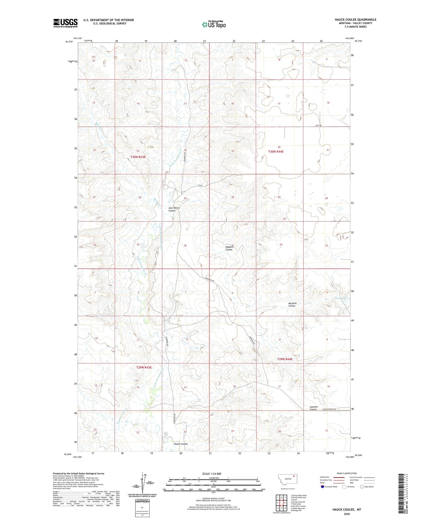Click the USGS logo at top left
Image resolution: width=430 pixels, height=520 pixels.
tap(65, 23)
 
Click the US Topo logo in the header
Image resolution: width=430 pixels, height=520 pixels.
tap(214, 24)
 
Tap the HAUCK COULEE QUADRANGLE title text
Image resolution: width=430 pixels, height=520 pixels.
tap(355, 20)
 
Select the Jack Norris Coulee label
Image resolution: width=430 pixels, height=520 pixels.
tap(174, 209)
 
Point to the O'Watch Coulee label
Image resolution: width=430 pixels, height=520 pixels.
tap(229, 248)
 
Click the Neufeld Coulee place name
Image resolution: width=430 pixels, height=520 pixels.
tap(292, 304)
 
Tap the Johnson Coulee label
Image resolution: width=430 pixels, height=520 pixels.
tap(313, 408)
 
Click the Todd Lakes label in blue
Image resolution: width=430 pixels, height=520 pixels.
tap(341, 298)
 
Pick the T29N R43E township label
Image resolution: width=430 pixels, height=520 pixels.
tap(144, 367)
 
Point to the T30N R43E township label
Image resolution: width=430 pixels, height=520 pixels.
tap(138, 157)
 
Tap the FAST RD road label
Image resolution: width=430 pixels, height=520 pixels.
tap(318, 125)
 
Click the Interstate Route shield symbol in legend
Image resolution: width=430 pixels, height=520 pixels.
tap(322, 486)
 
